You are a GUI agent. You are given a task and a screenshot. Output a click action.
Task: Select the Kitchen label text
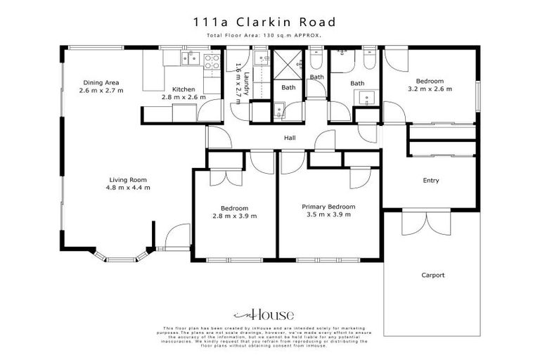(x=183, y=89)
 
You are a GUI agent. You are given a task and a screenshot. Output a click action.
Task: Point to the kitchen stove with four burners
(x=211, y=60)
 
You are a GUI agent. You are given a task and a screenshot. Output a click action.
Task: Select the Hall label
(x=288, y=139)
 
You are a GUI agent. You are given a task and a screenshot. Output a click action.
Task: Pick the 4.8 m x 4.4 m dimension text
(x=128, y=188)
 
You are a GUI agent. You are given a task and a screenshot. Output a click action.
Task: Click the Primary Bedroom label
(x=328, y=207)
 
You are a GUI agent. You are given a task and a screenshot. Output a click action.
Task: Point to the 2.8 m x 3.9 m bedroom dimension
(x=234, y=217)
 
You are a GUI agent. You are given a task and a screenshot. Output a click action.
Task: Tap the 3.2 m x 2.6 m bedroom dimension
(x=429, y=89)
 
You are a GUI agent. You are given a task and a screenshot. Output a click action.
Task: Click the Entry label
(x=431, y=181)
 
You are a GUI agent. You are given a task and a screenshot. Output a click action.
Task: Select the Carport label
(x=433, y=275)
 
